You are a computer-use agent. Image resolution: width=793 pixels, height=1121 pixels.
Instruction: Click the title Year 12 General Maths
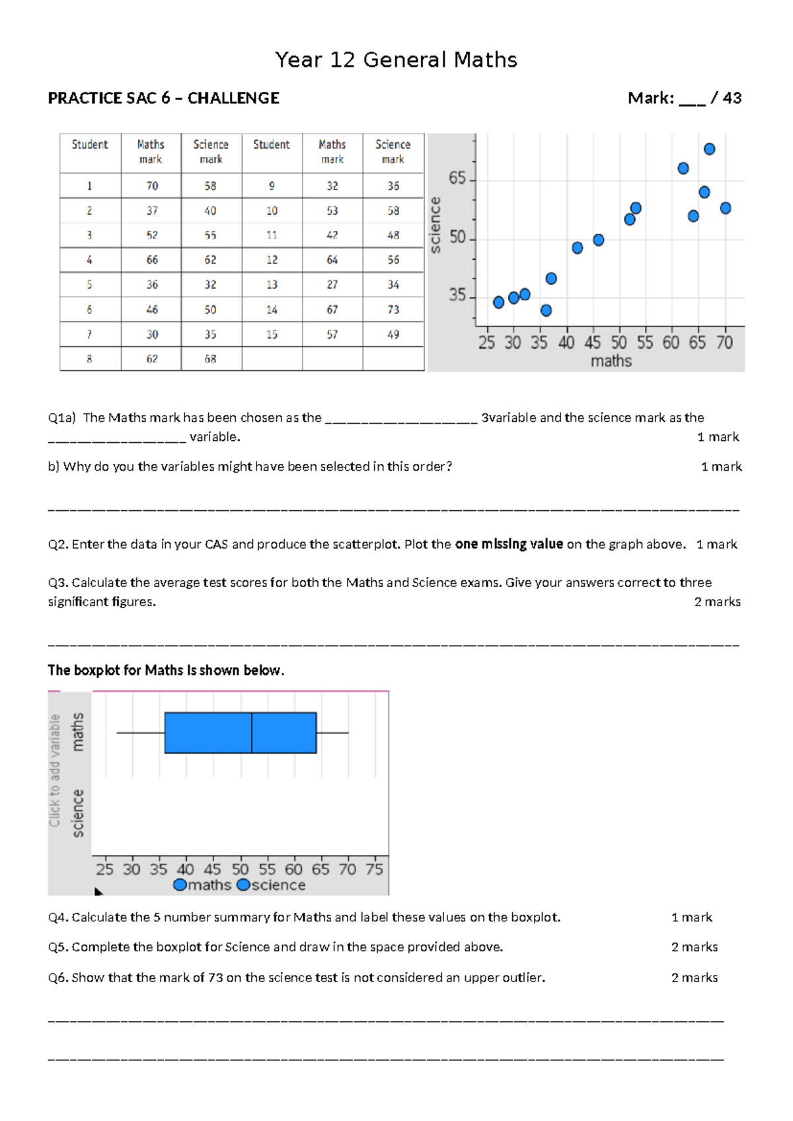pos(396,60)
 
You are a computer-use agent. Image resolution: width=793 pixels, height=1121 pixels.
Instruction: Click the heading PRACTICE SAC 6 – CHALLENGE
pos(163,98)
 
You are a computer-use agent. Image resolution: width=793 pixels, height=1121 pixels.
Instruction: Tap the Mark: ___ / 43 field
pos(684,98)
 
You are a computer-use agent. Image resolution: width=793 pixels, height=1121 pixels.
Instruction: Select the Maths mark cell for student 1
pos(151,186)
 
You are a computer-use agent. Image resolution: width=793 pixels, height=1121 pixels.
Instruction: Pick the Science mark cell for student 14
pos(393,309)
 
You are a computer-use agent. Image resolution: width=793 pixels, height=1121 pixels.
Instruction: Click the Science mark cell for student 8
pos(210,359)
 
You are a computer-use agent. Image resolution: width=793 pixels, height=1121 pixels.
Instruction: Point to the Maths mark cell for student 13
pos(332,285)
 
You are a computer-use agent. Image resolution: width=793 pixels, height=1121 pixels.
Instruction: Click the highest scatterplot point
pos(709,149)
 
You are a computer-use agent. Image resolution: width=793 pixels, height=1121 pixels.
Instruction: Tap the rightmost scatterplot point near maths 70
pos(725,208)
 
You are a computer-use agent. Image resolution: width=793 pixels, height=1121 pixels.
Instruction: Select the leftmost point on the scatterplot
pos(498,302)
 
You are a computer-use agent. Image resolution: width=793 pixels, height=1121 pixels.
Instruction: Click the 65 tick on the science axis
pos(457,179)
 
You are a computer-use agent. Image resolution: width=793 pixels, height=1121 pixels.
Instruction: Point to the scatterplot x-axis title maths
pos(611,361)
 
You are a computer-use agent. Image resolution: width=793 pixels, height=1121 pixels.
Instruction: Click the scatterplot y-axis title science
pos(435,225)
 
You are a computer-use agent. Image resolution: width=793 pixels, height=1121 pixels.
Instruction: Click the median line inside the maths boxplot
pos(252,733)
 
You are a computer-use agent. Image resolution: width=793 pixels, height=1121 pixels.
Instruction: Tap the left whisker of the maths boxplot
pos(140,733)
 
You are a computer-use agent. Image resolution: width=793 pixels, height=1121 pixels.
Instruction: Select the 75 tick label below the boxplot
pos(374,869)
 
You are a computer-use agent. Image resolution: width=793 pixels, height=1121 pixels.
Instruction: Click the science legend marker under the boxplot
pos(243,885)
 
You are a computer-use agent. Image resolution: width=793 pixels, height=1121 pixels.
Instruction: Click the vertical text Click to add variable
pos(55,771)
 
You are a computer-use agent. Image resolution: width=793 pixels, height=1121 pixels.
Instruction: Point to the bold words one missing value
pos(509,545)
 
